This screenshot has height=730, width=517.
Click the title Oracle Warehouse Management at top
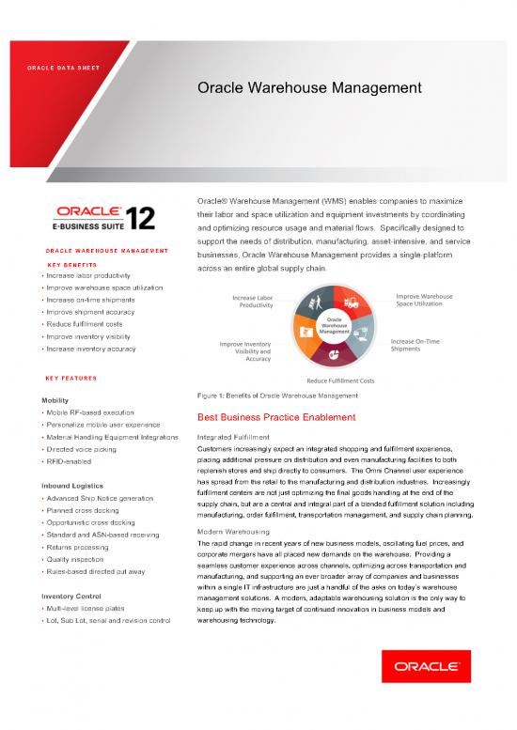[x=308, y=88]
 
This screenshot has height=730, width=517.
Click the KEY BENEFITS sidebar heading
[x=71, y=265]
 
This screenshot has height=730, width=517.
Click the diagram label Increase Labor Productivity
[x=254, y=302]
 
